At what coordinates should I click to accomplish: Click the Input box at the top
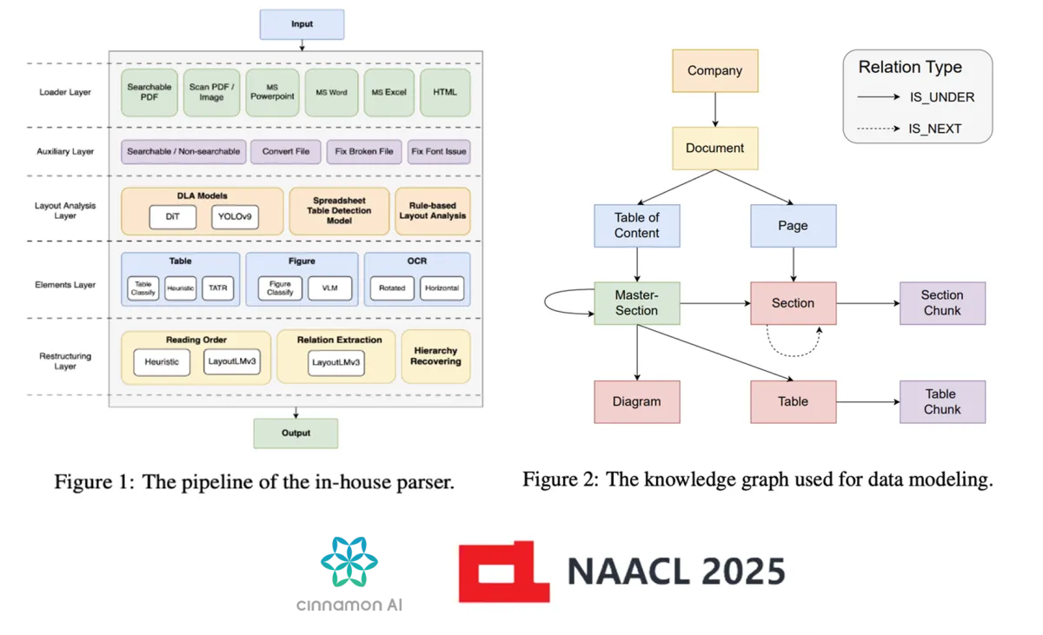(302, 24)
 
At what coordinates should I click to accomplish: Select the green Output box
(296, 433)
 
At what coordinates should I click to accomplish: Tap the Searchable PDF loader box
(149, 92)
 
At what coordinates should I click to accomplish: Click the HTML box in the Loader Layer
(445, 92)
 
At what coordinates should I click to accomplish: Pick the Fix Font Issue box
(439, 151)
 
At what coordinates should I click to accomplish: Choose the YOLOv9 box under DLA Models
(235, 217)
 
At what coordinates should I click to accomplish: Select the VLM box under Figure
(329, 288)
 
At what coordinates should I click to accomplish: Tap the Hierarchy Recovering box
(435, 356)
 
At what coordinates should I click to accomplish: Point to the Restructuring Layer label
(65, 360)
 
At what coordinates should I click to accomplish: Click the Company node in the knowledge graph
(714, 71)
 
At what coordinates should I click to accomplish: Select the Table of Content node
(637, 226)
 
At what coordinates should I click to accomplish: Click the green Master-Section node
(637, 303)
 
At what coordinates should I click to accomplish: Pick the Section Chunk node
(942, 303)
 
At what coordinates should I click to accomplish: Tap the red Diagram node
(637, 402)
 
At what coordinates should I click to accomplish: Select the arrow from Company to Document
(714, 110)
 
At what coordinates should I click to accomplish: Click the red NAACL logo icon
(504, 571)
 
